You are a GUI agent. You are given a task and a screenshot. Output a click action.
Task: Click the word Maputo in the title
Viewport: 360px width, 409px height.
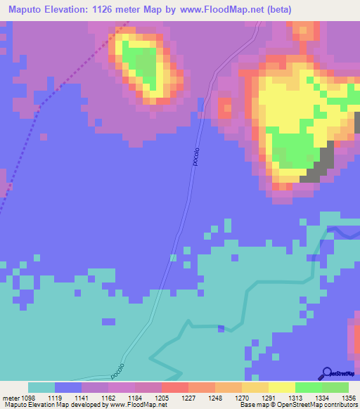tap(25, 10)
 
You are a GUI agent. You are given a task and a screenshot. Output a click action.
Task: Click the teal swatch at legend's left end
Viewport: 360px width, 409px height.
tap(41, 387)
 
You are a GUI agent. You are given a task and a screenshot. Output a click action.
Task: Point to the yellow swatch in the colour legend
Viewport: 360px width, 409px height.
tap(281, 387)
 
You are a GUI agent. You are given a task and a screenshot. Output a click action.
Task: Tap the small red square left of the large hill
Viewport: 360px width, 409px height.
tap(225, 108)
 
